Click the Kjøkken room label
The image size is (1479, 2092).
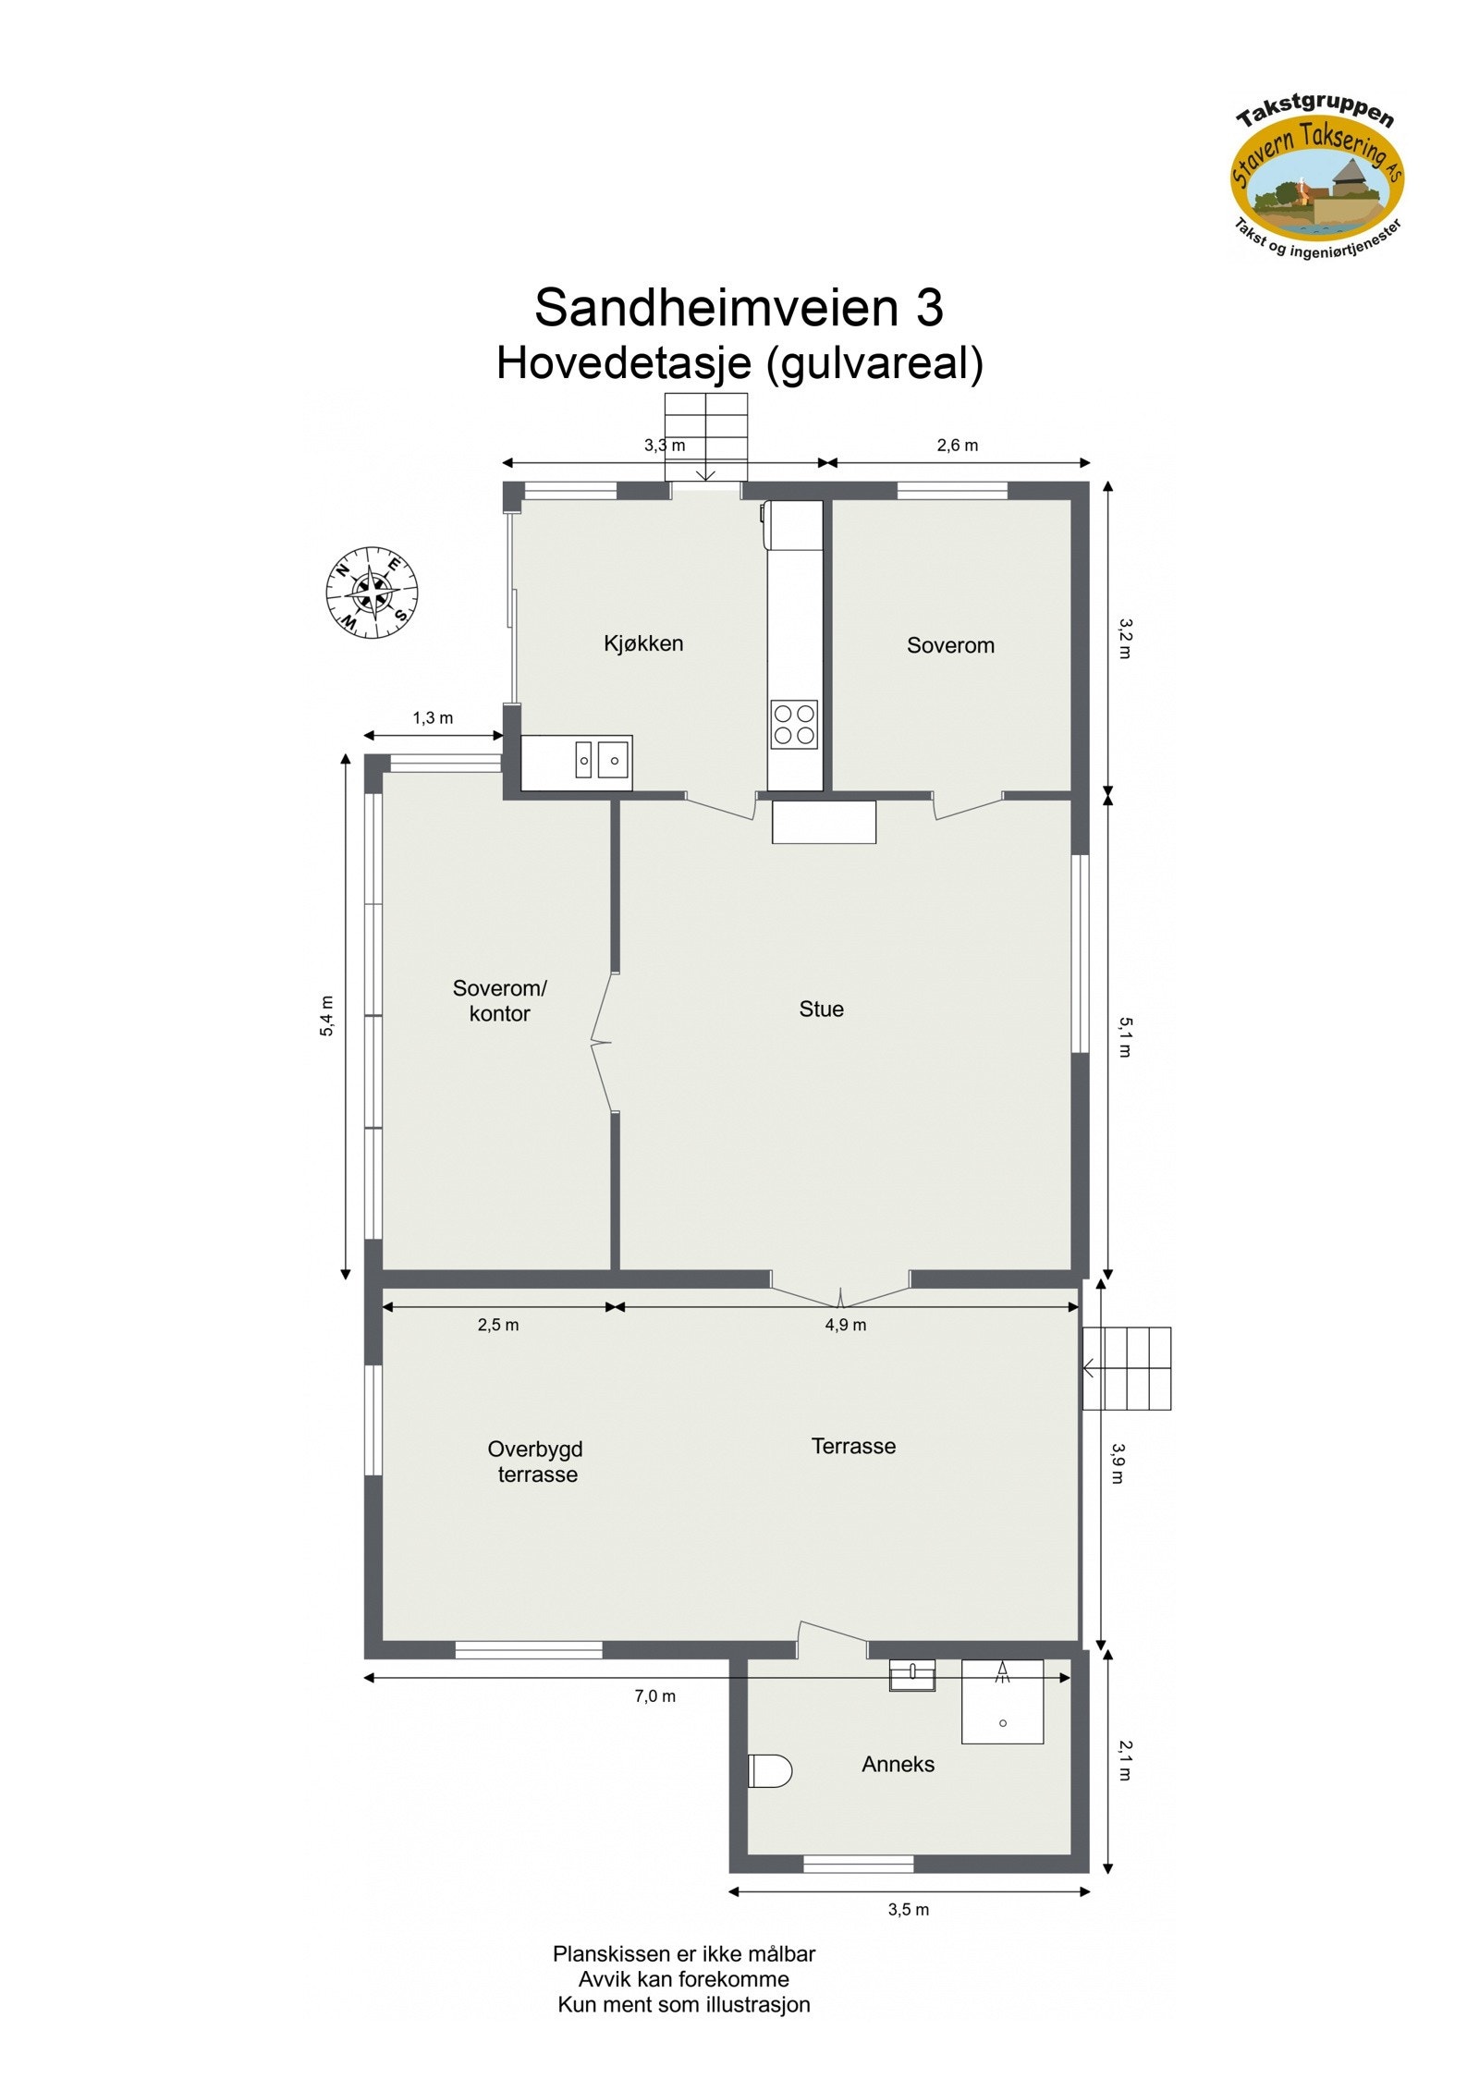point(642,643)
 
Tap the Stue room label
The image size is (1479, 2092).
point(821,1009)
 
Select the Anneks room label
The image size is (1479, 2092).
point(898,1764)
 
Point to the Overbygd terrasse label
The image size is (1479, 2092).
point(536,1462)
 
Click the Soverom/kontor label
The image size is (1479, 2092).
point(499,1000)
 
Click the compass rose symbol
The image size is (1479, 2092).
point(372,593)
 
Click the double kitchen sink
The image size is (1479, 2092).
point(602,760)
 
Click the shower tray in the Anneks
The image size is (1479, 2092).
point(1002,1702)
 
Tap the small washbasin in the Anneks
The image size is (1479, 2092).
point(911,1675)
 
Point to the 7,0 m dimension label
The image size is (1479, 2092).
point(654,1695)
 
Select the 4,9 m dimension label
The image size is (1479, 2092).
point(845,1325)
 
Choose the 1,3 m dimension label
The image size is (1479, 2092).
point(433,718)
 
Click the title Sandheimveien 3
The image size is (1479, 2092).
point(739,307)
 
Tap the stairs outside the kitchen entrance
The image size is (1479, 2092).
point(705,436)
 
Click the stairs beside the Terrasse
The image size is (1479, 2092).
point(1126,1369)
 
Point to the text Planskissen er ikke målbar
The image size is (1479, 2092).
point(684,1953)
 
